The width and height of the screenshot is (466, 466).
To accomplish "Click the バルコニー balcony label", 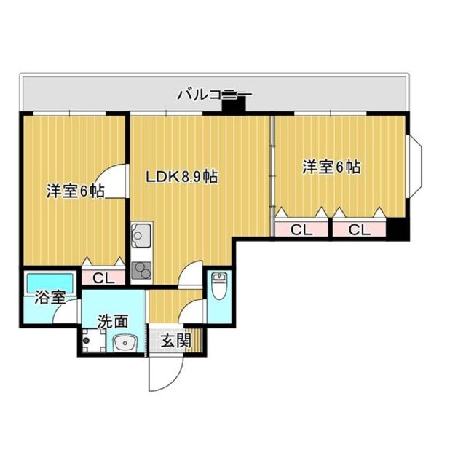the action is tap(215, 95).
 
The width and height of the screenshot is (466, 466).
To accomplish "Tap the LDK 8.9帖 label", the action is tap(181, 177).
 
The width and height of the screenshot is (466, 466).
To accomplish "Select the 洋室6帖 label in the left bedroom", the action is tap(75, 191).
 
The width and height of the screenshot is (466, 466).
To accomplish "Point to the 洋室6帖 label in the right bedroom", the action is tap(332, 167).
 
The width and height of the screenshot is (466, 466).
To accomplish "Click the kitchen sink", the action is tap(141, 235).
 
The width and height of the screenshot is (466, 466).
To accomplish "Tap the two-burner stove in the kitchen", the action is tap(141, 270).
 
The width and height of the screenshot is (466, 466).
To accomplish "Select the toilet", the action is tap(218, 285).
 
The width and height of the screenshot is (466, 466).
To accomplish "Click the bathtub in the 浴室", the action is tap(50, 283).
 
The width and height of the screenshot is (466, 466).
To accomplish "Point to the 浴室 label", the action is tap(50, 298).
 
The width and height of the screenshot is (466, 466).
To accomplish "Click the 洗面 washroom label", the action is tap(114, 321).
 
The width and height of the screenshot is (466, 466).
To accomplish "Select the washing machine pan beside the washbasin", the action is tap(93, 341).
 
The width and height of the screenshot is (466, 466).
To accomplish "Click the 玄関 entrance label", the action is tap(175, 341).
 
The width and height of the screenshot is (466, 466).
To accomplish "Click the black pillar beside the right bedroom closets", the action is tap(398, 228).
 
